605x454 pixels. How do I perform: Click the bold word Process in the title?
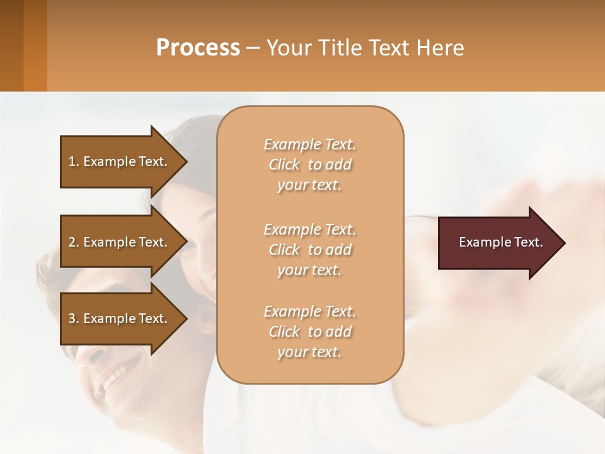pyautogui.click(x=198, y=48)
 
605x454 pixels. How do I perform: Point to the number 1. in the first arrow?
pyautogui.click(x=74, y=161)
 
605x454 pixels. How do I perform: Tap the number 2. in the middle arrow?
pyautogui.click(x=74, y=242)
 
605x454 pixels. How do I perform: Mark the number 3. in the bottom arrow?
pyautogui.click(x=74, y=318)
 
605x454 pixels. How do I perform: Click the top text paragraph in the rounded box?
pyautogui.click(x=309, y=165)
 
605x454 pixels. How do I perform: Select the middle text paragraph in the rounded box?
pyautogui.click(x=309, y=250)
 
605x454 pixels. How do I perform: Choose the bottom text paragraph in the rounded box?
pyautogui.click(x=309, y=332)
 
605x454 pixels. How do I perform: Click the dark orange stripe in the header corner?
pyautogui.click(x=35, y=45)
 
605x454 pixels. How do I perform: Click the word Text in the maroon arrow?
pyautogui.click(x=529, y=242)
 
